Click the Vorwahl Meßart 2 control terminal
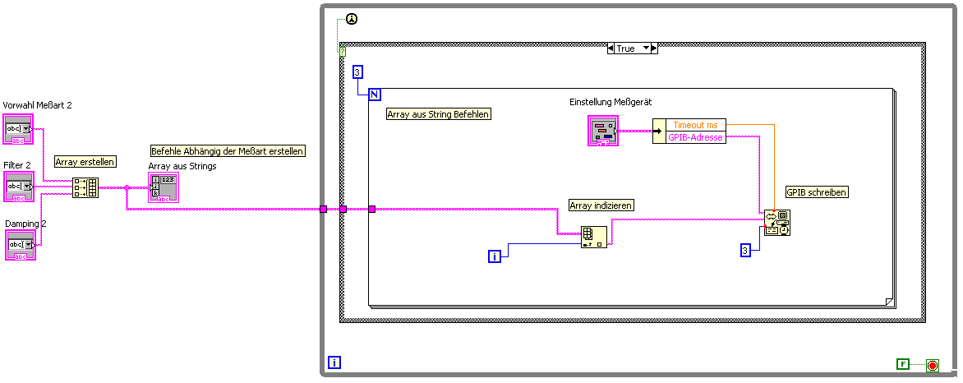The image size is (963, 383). [x=18, y=131]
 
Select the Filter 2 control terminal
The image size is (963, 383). [x=18, y=187]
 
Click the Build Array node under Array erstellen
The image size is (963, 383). [x=85, y=187]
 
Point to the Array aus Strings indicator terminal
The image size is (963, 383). [x=160, y=188]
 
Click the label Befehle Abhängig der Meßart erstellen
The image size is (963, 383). [x=228, y=151]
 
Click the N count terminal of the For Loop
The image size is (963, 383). [x=375, y=94]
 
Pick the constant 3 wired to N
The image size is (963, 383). [x=357, y=72]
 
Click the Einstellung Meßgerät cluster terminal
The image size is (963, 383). [x=602, y=131]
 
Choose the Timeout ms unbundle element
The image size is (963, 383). [x=695, y=125]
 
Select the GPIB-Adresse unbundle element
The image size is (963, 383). [x=695, y=137]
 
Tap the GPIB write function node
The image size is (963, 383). [x=777, y=223]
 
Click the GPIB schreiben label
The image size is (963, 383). [x=817, y=192]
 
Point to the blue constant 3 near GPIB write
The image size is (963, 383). [x=745, y=251]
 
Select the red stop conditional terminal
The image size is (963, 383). [x=932, y=364]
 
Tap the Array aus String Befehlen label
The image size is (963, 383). [x=439, y=114]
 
